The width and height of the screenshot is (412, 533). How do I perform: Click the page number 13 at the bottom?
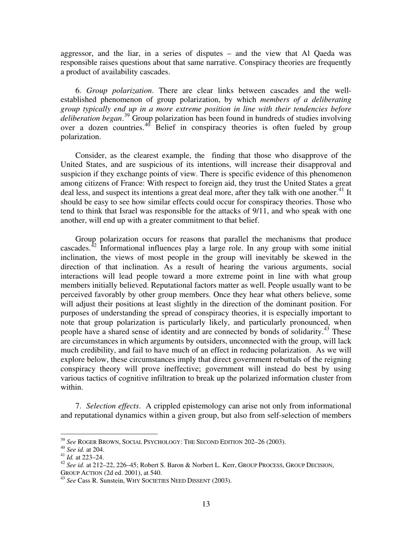(x=206, y=504)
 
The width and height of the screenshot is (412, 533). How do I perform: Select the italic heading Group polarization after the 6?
(x=119, y=91)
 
